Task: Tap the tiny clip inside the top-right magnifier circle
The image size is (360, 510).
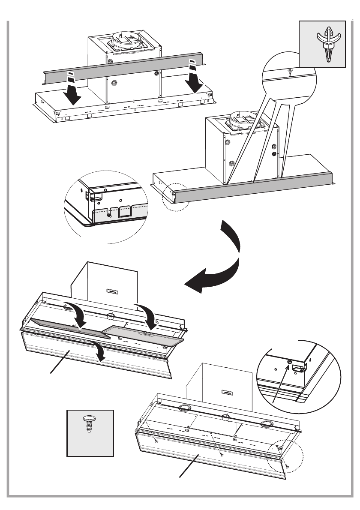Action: click(x=290, y=71)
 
